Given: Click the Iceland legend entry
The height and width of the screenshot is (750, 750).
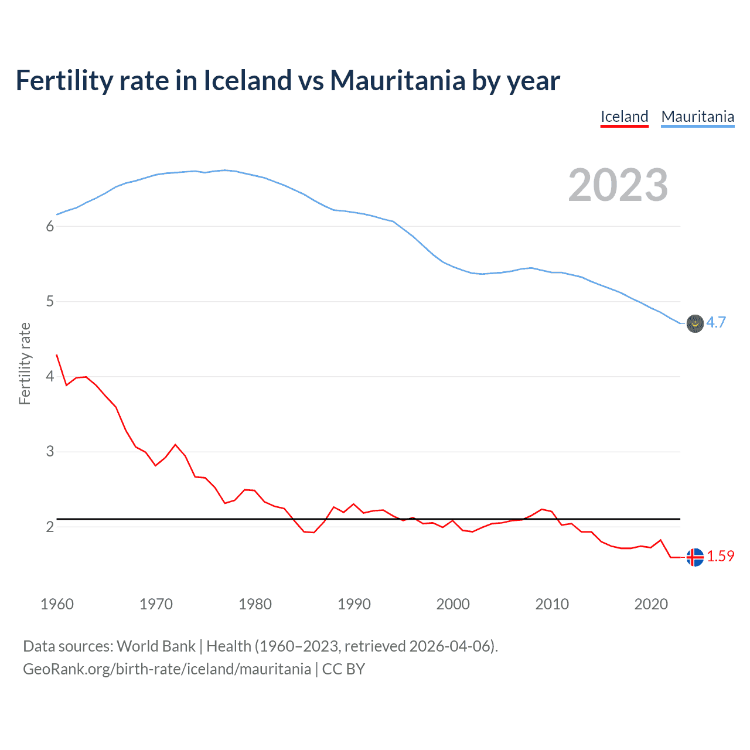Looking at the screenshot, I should (x=624, y=117).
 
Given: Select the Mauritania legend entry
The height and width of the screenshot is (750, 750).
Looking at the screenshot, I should (x=697, y=117).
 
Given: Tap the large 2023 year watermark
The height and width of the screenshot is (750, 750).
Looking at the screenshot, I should (x=618, y=185).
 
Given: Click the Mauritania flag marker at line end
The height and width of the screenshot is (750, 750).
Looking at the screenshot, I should (x=694, y=323).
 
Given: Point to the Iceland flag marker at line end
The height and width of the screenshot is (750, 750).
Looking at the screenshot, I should (x=694, y=557).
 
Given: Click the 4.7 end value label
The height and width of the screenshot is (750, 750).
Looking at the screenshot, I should (x=716, y=322).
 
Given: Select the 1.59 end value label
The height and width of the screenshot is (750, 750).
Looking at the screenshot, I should (x=720, y=556).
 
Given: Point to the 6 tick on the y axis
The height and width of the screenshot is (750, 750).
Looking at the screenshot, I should (x=50, y=227).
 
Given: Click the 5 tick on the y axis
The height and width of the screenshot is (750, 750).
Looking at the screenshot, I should (x=50, y=302).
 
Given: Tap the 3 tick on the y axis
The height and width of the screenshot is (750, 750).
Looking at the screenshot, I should (x=50, y=452).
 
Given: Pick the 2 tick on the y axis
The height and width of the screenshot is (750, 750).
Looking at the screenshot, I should (x=50, y=527).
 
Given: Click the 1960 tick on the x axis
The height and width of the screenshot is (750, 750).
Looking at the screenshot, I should (x=57, y=604).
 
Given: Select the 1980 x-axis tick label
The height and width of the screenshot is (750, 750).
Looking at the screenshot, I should (x=255, y=604).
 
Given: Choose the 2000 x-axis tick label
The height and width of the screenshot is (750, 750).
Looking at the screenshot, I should (x=453, y=604).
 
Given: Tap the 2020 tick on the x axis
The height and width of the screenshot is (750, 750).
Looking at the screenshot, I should (x=651, y=604).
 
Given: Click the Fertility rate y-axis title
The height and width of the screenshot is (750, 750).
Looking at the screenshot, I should (x=25, y=363).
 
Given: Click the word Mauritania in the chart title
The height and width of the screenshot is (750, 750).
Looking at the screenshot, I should (x=397, y=80).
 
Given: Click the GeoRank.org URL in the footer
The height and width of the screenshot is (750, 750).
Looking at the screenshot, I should (x=167, y=669).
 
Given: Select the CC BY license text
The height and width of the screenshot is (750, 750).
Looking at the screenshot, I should (x=343, y=669).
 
